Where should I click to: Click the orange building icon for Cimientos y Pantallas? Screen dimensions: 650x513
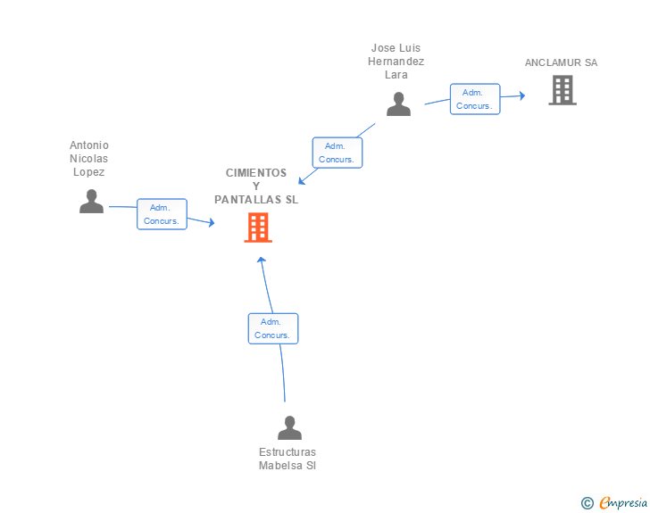coord(258,228)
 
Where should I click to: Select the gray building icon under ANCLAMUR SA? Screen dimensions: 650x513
coord(562,90)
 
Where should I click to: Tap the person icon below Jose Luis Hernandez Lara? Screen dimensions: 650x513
coord(398,104)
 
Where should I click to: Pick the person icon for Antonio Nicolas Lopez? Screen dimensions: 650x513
coord(91,202)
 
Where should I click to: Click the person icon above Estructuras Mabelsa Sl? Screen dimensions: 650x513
coord(289,427)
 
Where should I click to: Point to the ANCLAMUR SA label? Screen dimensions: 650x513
coord(561,62)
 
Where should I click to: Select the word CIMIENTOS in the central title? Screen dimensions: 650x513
coord(256,173)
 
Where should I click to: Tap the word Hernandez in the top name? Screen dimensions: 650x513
coord(396,62)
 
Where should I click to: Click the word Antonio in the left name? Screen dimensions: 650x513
coord(89,145)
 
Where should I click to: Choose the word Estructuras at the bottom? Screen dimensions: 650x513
coord(287,451)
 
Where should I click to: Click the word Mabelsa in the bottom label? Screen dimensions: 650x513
coord(280,466)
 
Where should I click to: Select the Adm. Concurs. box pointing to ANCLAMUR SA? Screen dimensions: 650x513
coord(475,99)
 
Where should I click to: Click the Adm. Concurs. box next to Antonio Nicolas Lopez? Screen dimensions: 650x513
coord(162,214)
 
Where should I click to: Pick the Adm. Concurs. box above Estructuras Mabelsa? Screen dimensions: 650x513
coord(273,328)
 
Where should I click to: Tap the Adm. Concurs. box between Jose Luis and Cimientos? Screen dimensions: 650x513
coord(337,153)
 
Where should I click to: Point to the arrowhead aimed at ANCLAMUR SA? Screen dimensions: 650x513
coord(522,95)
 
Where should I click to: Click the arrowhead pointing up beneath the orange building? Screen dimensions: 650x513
coord(261,260)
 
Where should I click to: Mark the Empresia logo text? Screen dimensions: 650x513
coord(623,502)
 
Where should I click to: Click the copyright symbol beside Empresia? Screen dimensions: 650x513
coord(587,503)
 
